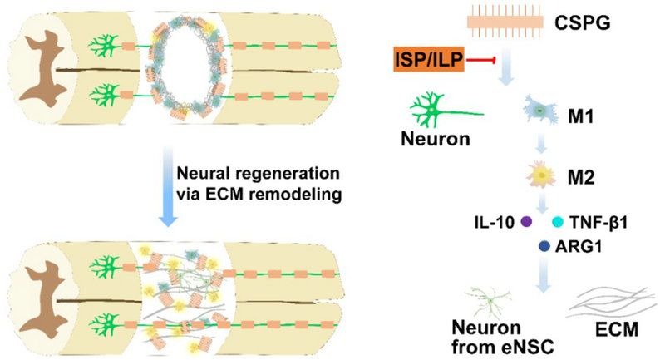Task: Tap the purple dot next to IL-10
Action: [525, 223]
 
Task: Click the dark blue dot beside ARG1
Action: [544, 245]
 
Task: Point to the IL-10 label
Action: [494, 223]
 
